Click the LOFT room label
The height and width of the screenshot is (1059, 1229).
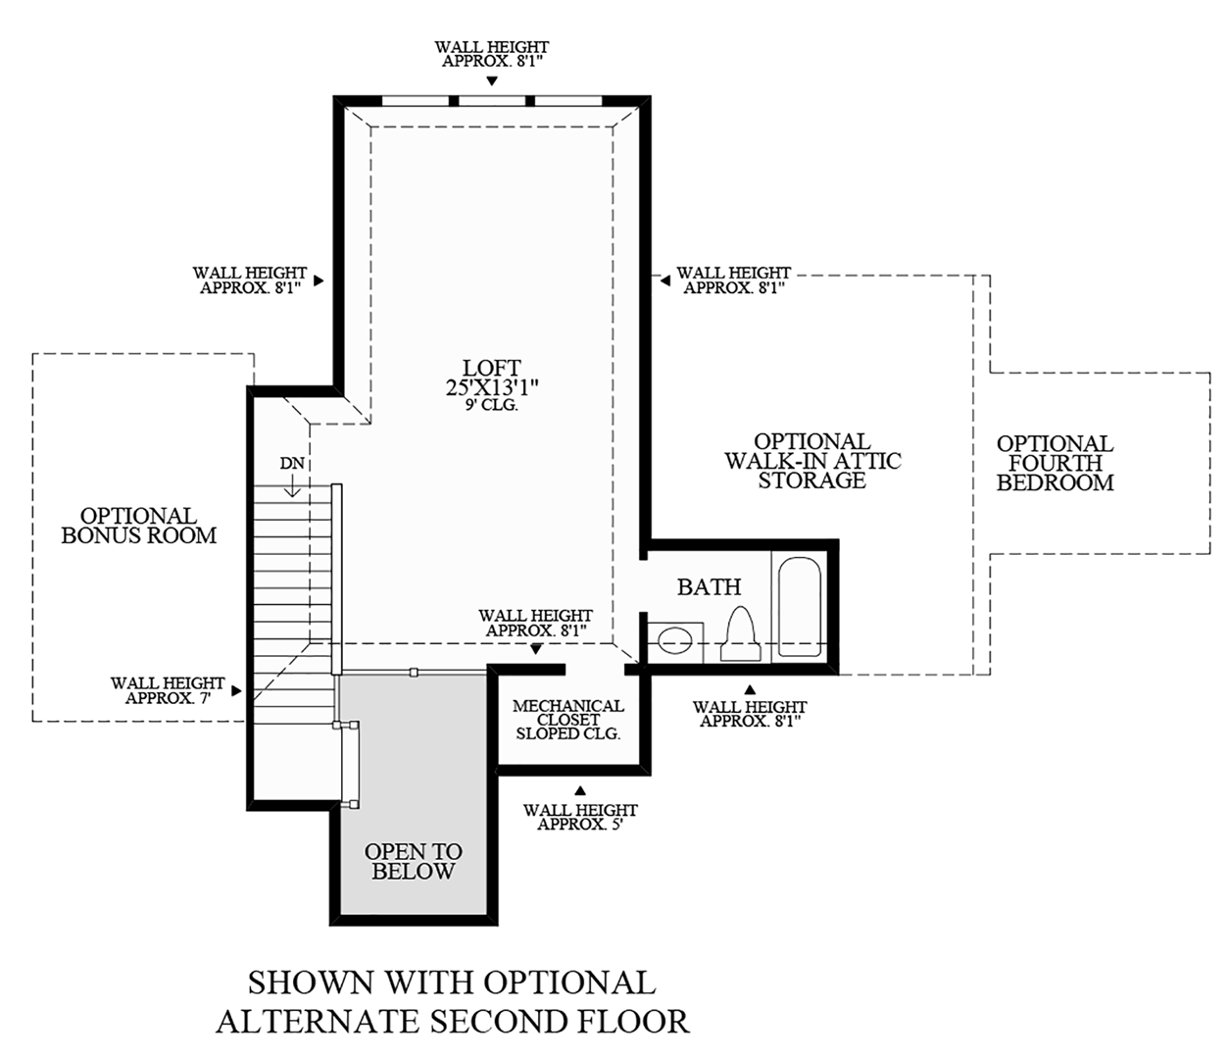(x=492, y=369)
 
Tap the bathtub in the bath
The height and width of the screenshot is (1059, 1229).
(x=801, y=606)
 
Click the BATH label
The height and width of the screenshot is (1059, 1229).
(x=709, y=587)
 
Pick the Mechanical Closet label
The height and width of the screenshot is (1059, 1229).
(x=567, y=719)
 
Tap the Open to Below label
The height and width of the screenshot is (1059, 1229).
(x=413, y=861)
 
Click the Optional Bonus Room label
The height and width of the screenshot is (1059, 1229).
(x=138, y=526)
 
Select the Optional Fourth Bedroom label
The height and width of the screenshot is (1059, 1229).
(x=1055, y=463)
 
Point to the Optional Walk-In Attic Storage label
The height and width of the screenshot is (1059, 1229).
(x=812, y=461)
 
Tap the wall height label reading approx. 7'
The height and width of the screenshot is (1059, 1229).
(x=168, y=690)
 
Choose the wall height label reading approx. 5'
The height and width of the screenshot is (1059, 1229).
(x=580, y=817)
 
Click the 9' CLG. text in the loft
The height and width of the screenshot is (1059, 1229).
(x=492, y=404)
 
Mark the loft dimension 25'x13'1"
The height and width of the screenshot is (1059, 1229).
(x=492, y=387)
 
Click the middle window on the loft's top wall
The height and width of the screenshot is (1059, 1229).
(x=492, y=100)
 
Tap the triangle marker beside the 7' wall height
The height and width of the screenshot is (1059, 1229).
(x=236, y=690)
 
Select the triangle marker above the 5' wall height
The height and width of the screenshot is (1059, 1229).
(x=580, y=789)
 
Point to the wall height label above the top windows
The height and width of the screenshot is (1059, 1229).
(x=492, y=53)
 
